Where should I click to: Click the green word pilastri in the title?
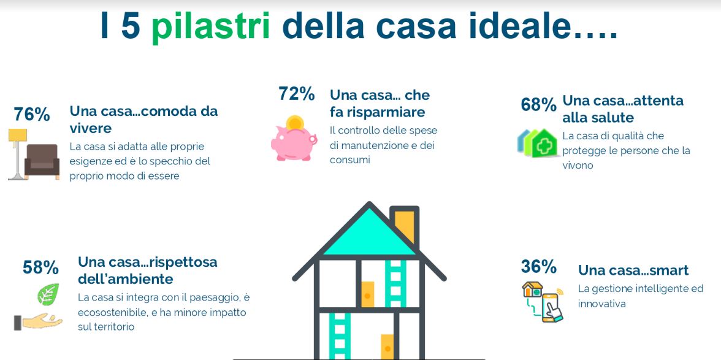(211, 27)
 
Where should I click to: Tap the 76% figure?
(32, 115)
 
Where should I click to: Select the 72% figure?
(297, 94)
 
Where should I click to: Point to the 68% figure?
(538, 104)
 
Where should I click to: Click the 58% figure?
(40, 267)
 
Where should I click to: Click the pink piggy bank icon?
(294, 143)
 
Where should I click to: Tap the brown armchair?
(42, 161)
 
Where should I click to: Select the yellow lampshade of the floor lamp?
(17, 135)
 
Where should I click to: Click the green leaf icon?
(48, 294)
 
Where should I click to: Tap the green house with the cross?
(544, 144)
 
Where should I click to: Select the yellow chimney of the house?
(405, 227)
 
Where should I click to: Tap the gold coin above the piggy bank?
(295, 123)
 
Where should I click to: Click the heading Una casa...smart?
(633, 270)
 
